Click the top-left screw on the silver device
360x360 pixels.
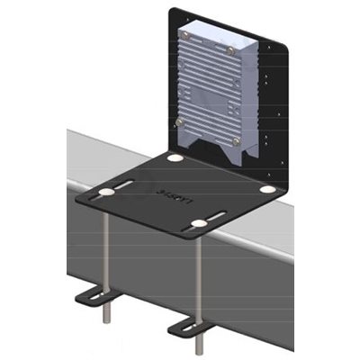[x=185, y=36]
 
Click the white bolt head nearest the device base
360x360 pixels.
[x=175, y=157]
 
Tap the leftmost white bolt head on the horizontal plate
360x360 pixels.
[x=107, y=193]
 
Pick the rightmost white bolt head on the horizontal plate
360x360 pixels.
[x=268, y=190]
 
